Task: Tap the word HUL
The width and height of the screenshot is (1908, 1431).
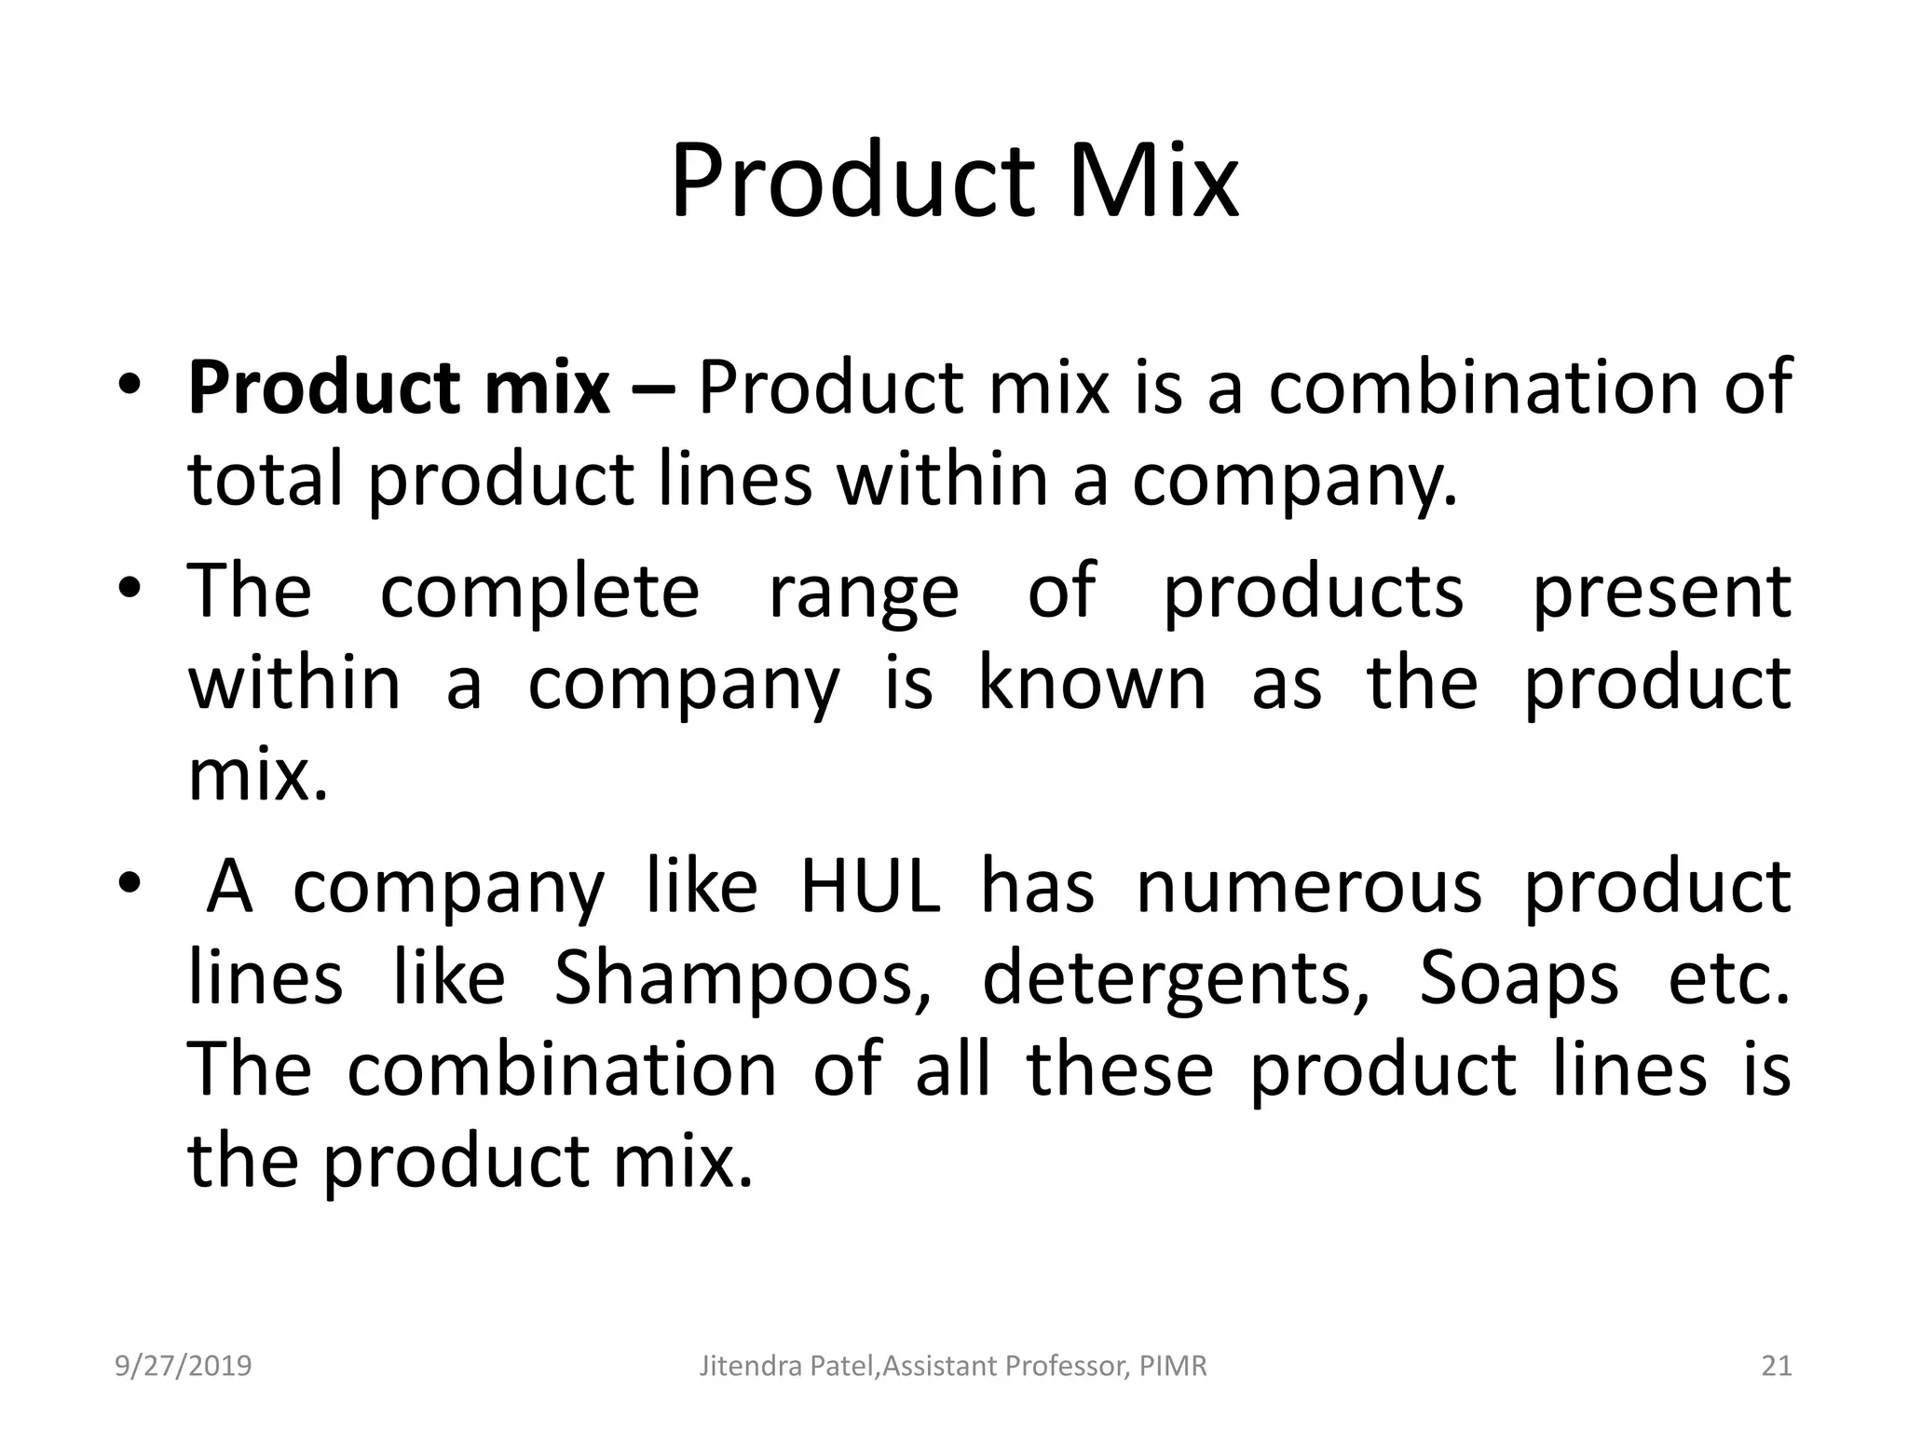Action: [x=870, y=886]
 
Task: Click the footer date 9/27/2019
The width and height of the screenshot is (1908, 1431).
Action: [x=184, y=1366]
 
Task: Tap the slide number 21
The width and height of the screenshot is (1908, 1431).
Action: [x=1777, y=1366]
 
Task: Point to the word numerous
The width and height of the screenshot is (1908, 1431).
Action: [x=1309, y=886]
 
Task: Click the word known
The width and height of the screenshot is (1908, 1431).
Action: [x=1092, y=683]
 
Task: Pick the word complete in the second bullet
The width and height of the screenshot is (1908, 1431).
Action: [x=539, y=592]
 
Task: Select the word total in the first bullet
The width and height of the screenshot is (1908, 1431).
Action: [x=266, y=479]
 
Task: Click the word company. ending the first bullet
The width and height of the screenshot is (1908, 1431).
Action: [x=1295, y=481]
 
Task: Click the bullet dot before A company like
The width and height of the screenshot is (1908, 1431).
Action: [x=129, y=882]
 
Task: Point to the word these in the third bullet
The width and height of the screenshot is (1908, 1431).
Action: [x=1120, y=1070]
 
